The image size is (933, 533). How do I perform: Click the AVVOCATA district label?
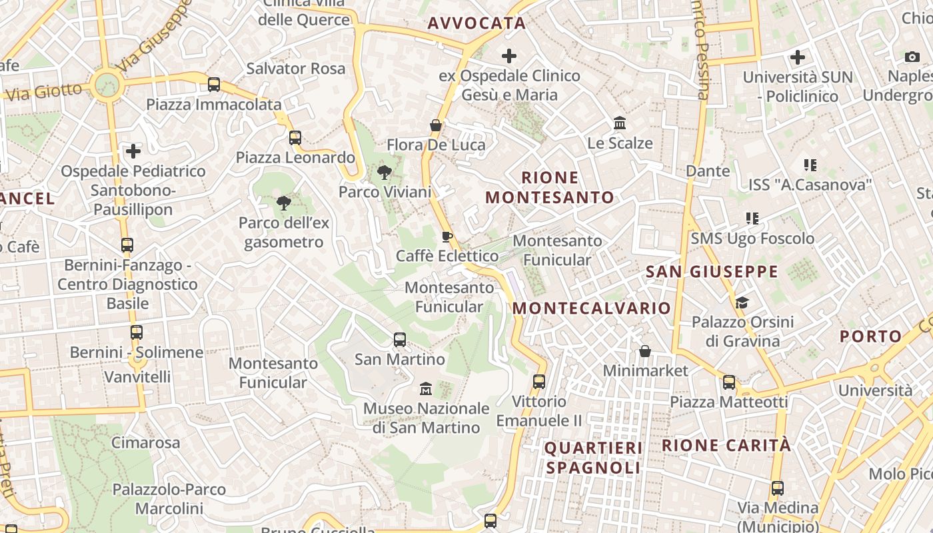click(476, 23)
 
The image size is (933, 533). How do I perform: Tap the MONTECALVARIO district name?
click(591, 308)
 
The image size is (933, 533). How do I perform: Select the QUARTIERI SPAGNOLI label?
click(593, 458)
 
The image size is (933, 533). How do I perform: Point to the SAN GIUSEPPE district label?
click(712, 272)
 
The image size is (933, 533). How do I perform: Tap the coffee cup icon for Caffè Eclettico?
click(447, 237)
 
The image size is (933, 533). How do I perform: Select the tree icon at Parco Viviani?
click(385, 173)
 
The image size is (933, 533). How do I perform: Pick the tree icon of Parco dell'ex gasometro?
click(284, 203)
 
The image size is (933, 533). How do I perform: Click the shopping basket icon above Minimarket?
click(644, 351)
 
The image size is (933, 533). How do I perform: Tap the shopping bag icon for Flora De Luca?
click(435, 125)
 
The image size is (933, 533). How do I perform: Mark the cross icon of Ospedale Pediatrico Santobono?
click(133, 151)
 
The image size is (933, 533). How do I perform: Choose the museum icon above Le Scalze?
click(620, 123)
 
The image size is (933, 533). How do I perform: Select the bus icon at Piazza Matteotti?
click(729, 383)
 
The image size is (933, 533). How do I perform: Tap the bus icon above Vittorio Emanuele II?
click(539, 382)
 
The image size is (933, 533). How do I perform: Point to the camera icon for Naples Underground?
click(912, 57)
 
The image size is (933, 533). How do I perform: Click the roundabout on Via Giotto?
click(107, 85)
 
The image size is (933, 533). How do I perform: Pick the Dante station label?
click(708, 171)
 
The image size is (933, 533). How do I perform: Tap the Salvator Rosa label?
click(296, 68)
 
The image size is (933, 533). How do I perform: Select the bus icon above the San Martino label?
click(400, 340)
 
